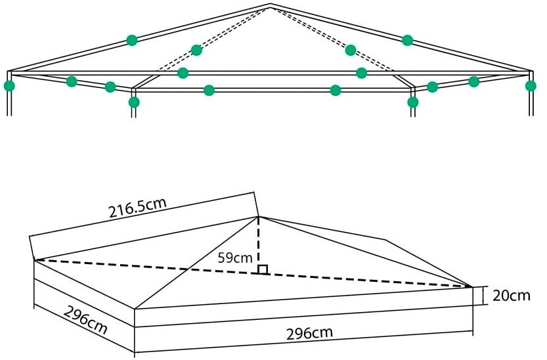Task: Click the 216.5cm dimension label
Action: [137, 208]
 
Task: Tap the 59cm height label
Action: [235, 258]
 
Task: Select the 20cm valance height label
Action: [512, 296]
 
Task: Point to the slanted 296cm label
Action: [85, 319]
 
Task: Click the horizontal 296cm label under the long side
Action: [309, 333]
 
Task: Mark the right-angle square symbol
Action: [263, 269]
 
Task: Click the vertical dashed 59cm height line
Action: [259, 244]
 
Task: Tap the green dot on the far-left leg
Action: [9, 85]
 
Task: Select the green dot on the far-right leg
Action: [531, 85]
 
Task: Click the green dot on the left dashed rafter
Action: [196, 50]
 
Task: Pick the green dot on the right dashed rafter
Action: [350, 50]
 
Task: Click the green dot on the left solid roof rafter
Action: [131, 40]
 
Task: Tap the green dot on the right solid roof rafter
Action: [407, 40]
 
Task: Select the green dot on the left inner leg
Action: [134, 102]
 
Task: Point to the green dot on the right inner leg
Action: [412, 102]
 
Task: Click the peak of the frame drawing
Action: [271, 4]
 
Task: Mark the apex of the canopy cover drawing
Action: [259, 217]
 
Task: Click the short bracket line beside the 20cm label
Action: [483, 296]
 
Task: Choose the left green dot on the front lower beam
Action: [209, 90]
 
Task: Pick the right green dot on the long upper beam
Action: [361, 73]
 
